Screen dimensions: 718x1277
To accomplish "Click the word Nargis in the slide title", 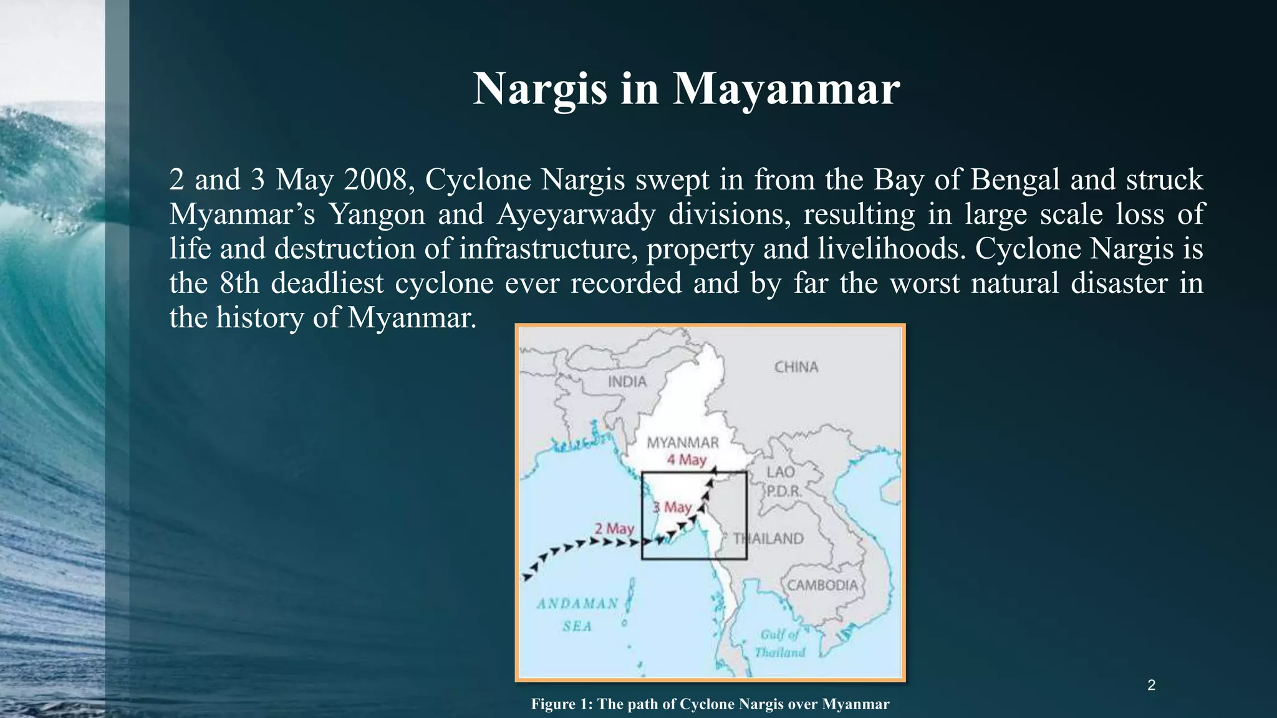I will (539, 89).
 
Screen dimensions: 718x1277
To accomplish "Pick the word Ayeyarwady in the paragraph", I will (576, 214).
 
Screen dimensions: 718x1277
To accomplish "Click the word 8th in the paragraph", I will (239, 283).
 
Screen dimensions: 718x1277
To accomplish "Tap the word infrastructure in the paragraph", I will (547, 249).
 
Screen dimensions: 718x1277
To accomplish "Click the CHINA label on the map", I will (796, 367).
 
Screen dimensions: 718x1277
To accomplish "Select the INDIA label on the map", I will (627, 381).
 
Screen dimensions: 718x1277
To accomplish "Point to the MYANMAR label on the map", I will (683, 443).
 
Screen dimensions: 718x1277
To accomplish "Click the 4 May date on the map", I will (687, 460).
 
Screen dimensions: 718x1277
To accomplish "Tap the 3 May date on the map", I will (672, 507).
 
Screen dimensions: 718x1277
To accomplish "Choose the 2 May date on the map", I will (614, 529).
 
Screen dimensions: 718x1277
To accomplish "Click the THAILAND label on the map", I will (768, 538).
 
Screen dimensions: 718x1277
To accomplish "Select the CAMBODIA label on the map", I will (822, 585).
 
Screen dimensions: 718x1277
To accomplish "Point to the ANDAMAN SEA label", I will (577, 615).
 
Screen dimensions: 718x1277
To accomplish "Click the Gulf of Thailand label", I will (779, 643).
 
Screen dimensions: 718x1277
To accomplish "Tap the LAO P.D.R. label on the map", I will (782, 481).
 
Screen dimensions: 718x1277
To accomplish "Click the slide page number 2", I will (1151, 686).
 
